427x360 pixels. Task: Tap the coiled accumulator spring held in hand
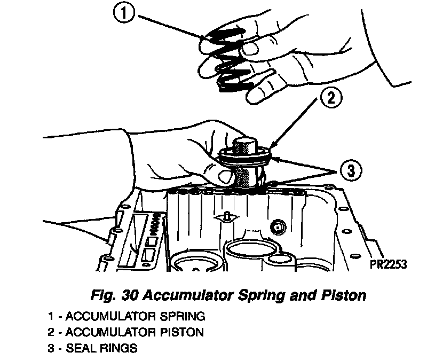(x=227, y=59)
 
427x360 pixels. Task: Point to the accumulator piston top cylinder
(x=246, y=145)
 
